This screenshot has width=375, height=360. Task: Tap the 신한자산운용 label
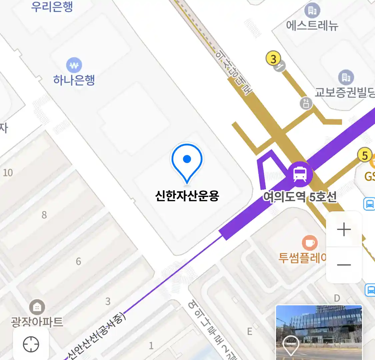[187, 195]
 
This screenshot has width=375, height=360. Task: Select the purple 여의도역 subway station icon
[300, 174]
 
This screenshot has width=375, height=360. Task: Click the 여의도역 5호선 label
[300, 197]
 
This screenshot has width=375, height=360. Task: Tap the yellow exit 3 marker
[273, 59]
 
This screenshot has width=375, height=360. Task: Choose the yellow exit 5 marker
[365, 155]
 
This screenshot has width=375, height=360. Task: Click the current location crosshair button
[31, 344]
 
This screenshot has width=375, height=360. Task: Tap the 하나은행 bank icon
[74, 65]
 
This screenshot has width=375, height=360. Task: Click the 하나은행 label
[74, 80]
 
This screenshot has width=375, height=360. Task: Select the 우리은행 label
[52, 7]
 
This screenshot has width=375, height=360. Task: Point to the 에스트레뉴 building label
[312, 25]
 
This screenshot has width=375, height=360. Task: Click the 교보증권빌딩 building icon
[346, 78]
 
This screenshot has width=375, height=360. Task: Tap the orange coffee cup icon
[310, 243]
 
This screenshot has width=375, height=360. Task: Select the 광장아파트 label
[37, 322]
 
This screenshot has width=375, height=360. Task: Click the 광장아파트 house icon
[37, 307]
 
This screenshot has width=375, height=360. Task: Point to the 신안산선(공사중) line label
[97, 337]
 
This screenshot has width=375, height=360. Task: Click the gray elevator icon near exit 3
[306, 103]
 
